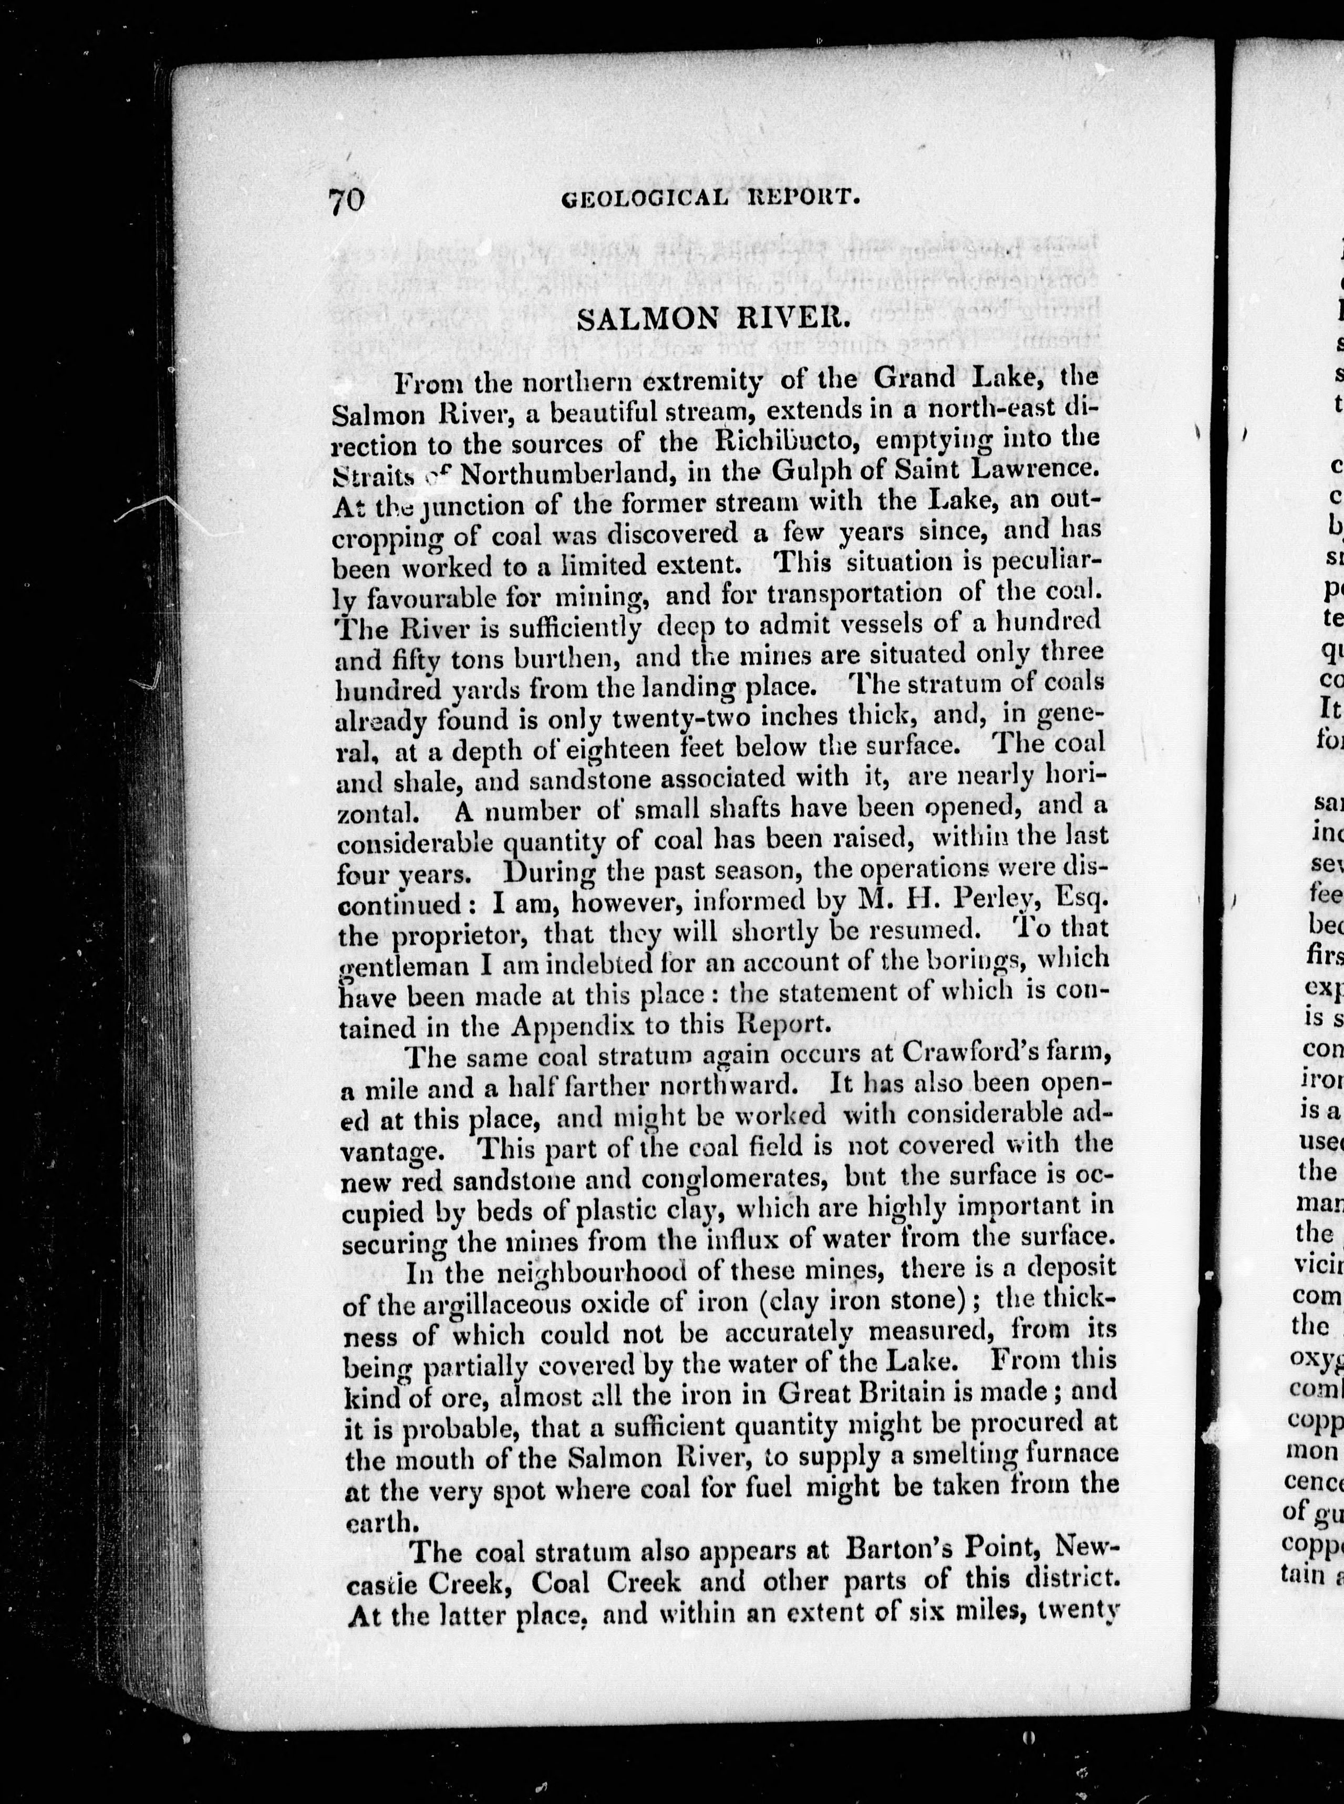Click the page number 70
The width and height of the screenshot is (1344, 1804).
click(346, 199)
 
